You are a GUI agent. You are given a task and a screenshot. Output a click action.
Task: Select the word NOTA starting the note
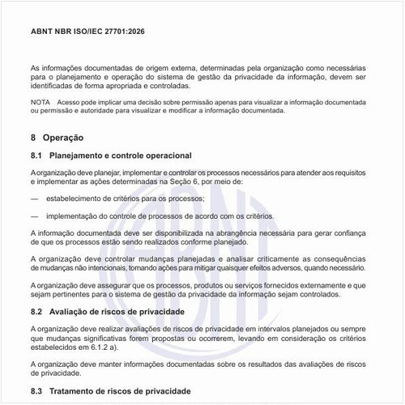(x=40, y=103)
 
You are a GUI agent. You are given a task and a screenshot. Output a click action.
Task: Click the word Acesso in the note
(x=70, y=103)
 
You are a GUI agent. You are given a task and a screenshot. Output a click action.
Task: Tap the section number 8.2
(x=36, y=311)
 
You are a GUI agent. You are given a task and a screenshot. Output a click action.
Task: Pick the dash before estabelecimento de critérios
(x=35, y=198)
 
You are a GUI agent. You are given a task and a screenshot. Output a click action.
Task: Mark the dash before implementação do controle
(x=35, y=216)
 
